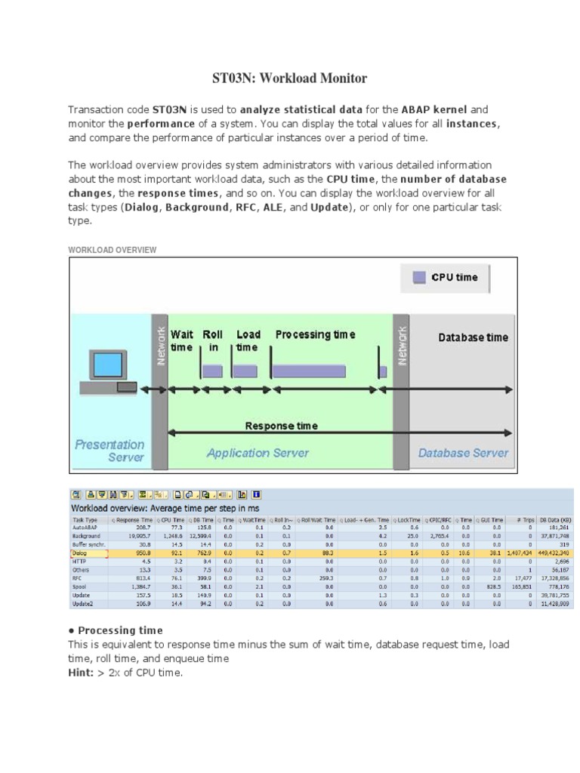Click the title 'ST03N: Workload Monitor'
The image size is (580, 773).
[286, 78]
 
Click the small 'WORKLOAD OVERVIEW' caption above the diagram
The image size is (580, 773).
[113, 249]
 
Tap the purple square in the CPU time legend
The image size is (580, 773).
[419, 277]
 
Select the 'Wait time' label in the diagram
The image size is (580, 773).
[182, 340]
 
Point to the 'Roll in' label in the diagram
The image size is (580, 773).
[212, 340]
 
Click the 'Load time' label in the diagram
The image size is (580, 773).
[248, 340]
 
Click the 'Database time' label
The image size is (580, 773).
[474, 337]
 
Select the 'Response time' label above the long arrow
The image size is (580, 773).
[281, 426]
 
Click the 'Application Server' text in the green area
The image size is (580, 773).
[258, 453]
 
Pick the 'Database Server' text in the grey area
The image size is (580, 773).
[463, 453]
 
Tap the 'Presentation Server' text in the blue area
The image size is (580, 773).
[110, 451]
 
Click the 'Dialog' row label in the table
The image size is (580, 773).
[80, 553]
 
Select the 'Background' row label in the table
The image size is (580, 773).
[87, 535]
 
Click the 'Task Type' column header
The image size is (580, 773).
[85, 519]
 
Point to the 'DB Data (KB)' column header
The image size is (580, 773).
[555, 519]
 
